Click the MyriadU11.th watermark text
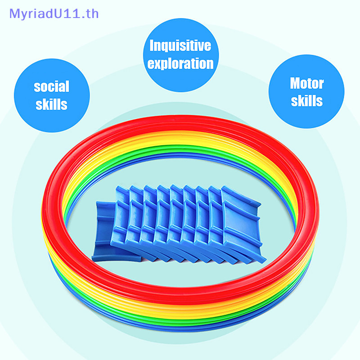[x=54, y=14]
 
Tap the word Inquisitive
[x=180, y=45]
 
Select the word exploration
[x=180, y=63]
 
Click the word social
[x=51, y=86]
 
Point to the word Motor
[x=307, y=83]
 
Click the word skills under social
[x=51, y=104]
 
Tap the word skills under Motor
[x=307, y=101]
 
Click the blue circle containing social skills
[x=52, y=95]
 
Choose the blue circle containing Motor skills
[x=306, y=91]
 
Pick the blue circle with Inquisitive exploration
[x=181, y=55]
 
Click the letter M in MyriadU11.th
[x=14, y=14]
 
